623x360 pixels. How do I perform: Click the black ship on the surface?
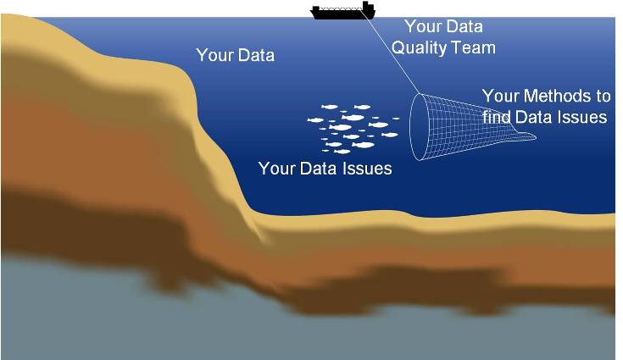click(342, 13)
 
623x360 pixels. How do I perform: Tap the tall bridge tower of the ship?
click(367, 7)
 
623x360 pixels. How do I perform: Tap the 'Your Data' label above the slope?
click(235, 56)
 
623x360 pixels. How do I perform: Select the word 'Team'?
click(473, 47)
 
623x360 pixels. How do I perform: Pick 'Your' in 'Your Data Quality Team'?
click(422, 26)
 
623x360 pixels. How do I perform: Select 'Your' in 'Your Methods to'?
click(500, 96)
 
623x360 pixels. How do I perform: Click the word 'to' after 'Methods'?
click(601, 96)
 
